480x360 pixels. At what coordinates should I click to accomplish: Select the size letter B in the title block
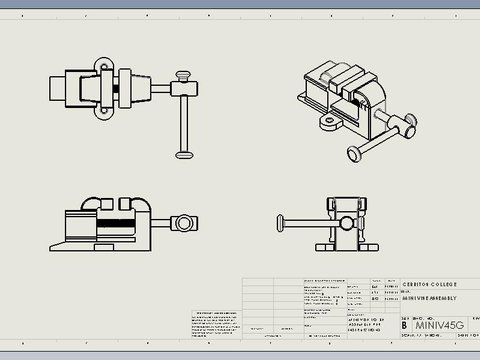(403, 325)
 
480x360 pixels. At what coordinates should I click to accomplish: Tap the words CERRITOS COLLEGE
(431, 283)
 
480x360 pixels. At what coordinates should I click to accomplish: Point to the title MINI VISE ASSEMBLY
(430, 299)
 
